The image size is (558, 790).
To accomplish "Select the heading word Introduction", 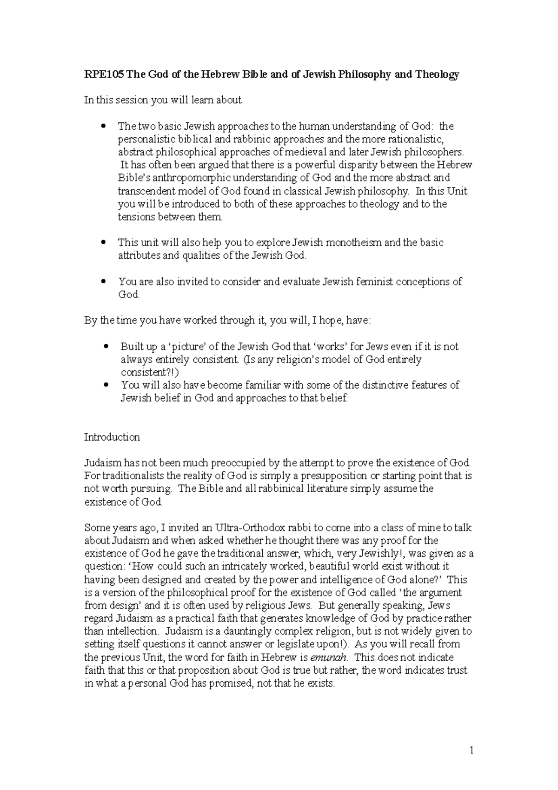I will click(112, 437).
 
